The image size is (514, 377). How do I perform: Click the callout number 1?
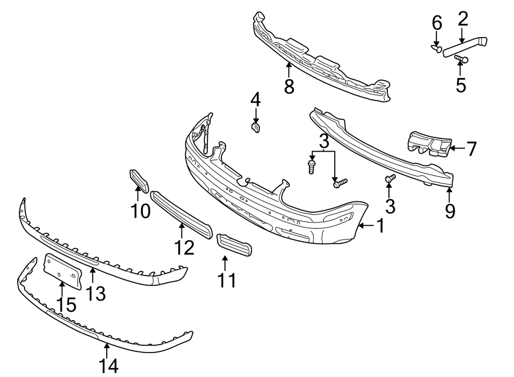379,226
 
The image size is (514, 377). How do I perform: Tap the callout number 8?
289,87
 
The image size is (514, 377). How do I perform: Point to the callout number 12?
184,246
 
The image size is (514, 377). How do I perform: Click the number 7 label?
471,149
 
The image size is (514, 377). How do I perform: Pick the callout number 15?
66,304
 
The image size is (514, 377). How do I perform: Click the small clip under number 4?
256,126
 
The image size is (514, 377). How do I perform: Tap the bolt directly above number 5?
461,59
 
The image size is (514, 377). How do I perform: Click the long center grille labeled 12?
181,214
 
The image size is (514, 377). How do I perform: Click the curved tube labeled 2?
465,46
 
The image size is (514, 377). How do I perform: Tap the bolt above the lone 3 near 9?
390,179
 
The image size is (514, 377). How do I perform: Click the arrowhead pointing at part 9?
449,189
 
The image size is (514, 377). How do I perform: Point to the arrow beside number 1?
364,226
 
